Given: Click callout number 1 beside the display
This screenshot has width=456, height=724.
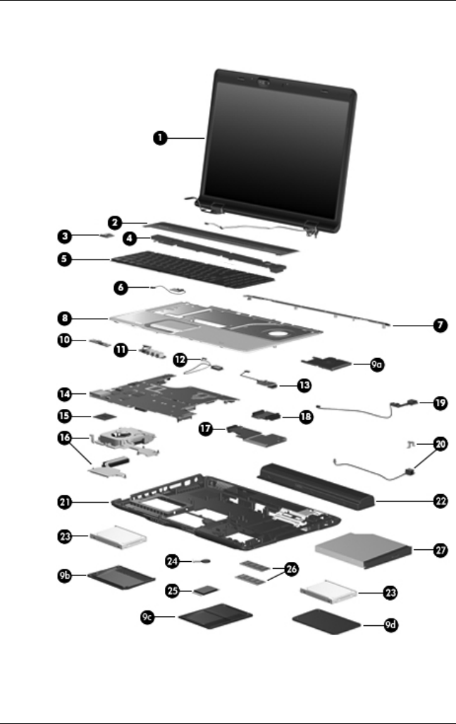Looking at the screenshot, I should click(x=161, y=139).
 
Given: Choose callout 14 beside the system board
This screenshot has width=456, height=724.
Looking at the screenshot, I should click(x=65, y=390).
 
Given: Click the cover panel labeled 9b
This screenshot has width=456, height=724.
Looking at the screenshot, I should click(x=121, y=578).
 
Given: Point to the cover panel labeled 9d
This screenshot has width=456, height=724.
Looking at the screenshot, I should click(x=326, y=623).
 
